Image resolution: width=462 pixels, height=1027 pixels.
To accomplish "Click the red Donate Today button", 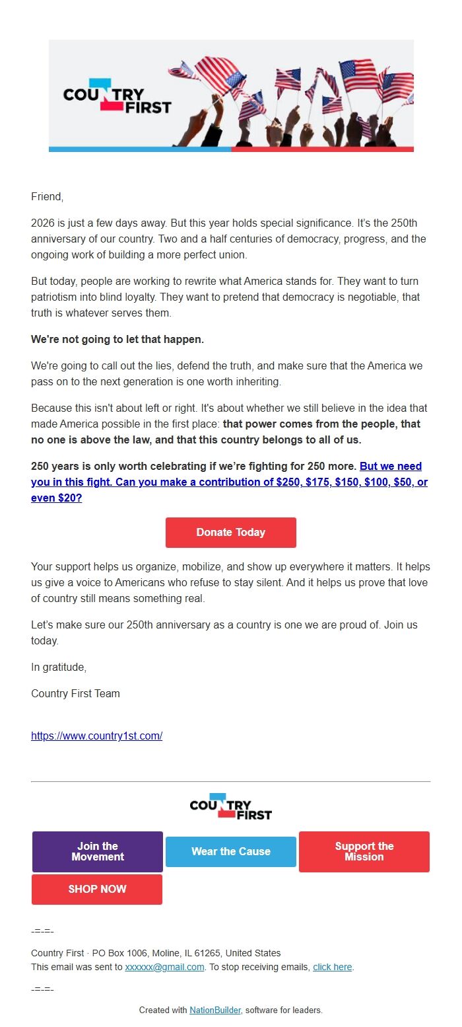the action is pyautogui.click(x=230, y=533).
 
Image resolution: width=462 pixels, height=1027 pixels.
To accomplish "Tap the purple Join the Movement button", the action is pyautogui.click(x=98, y=851).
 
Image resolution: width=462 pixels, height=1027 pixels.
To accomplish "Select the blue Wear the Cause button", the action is pyautogui.click(x=231, y=851).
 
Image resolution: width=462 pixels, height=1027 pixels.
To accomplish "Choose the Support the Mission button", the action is pyautogui.click(x=364, y=851).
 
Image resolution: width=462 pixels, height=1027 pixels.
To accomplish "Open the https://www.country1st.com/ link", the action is pyautogui.click(x=96, y=736).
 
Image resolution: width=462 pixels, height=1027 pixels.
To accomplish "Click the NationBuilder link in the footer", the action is pyautogui.click(x=215, y=1010).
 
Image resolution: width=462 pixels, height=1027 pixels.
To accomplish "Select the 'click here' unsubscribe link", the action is pyautogui.click(x=332, y=967).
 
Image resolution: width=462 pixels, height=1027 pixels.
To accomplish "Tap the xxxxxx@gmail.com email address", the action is pyautogui.click(x=164, y=967).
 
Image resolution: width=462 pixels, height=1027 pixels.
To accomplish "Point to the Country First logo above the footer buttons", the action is pyautogui.click(x=230, y=806).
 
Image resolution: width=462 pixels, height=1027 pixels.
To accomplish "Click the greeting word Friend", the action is pyautogui.click(x=46, y=196).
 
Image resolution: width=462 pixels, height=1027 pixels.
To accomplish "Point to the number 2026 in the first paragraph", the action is pyautogui.click(x=43, y=223).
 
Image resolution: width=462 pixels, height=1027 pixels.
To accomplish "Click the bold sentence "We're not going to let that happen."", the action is pyautogui.click(x=117, y=340).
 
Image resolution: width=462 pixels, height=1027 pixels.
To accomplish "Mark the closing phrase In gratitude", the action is pyautogui.click(x=59, y=667).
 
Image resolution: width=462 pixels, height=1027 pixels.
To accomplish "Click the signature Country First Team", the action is pyautogui.click(x=75, y=694).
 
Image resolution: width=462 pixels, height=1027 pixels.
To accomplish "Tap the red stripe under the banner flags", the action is pyautogui.click(x=322, y=149).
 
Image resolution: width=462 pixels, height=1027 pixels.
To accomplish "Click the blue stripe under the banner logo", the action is pyautogui.click(x=140, y=149).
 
